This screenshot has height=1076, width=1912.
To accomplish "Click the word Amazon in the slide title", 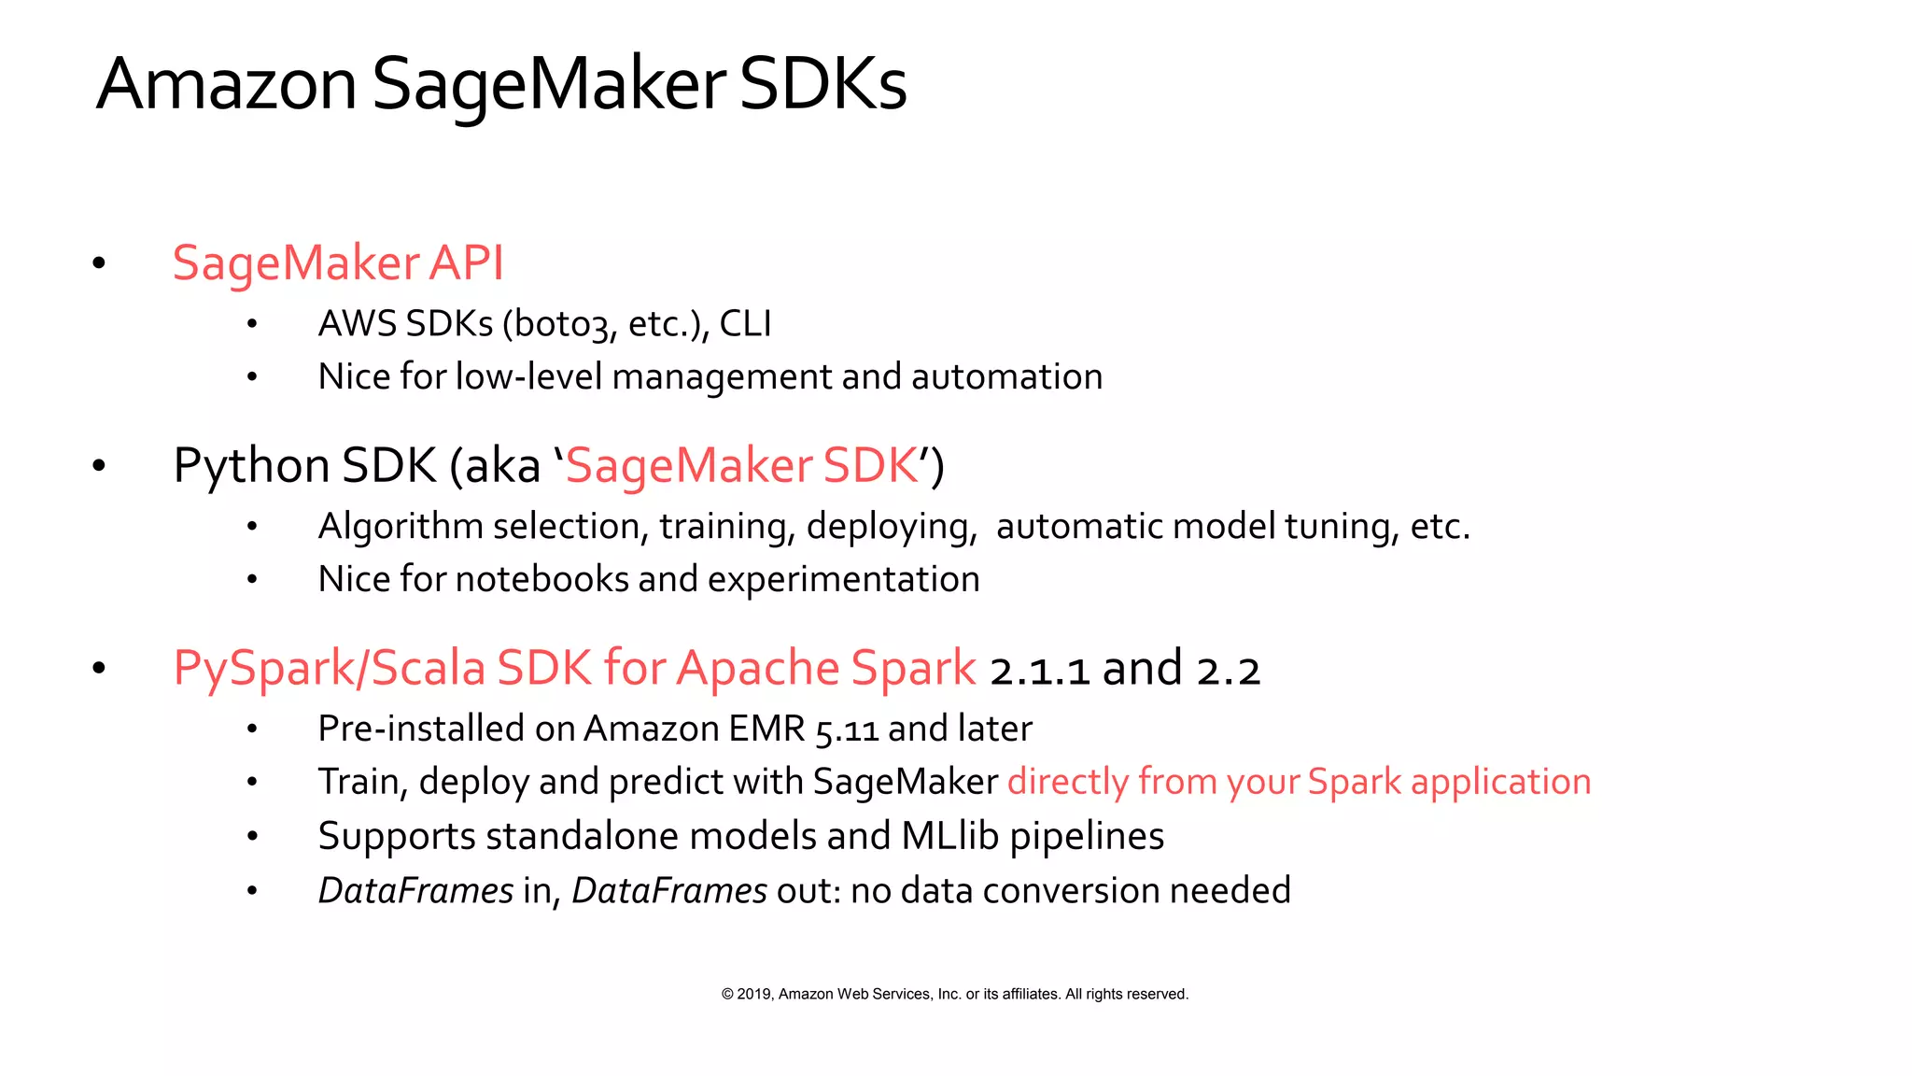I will [x=226, y=84].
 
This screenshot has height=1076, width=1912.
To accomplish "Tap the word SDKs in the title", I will [x=822, y=84].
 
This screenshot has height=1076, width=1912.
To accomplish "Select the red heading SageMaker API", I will [x=338, y=262].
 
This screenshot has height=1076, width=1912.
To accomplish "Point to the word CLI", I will [x=745, y=324].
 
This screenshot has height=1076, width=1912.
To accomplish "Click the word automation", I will [x=1006, y=376].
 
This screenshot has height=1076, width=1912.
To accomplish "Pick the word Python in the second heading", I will [x=251, y=465].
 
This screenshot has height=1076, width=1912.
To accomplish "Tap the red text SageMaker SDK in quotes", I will [x=741, y=465].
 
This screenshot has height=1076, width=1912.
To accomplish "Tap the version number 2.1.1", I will [x=1039, y=671].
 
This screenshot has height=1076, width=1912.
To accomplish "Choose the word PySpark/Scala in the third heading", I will [x=329, y=669].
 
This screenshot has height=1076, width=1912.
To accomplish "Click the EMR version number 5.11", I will [x=846, y=729].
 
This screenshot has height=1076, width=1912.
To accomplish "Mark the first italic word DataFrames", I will [x=415, y=890].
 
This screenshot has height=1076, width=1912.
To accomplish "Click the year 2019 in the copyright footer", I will [x=754, y=994].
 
